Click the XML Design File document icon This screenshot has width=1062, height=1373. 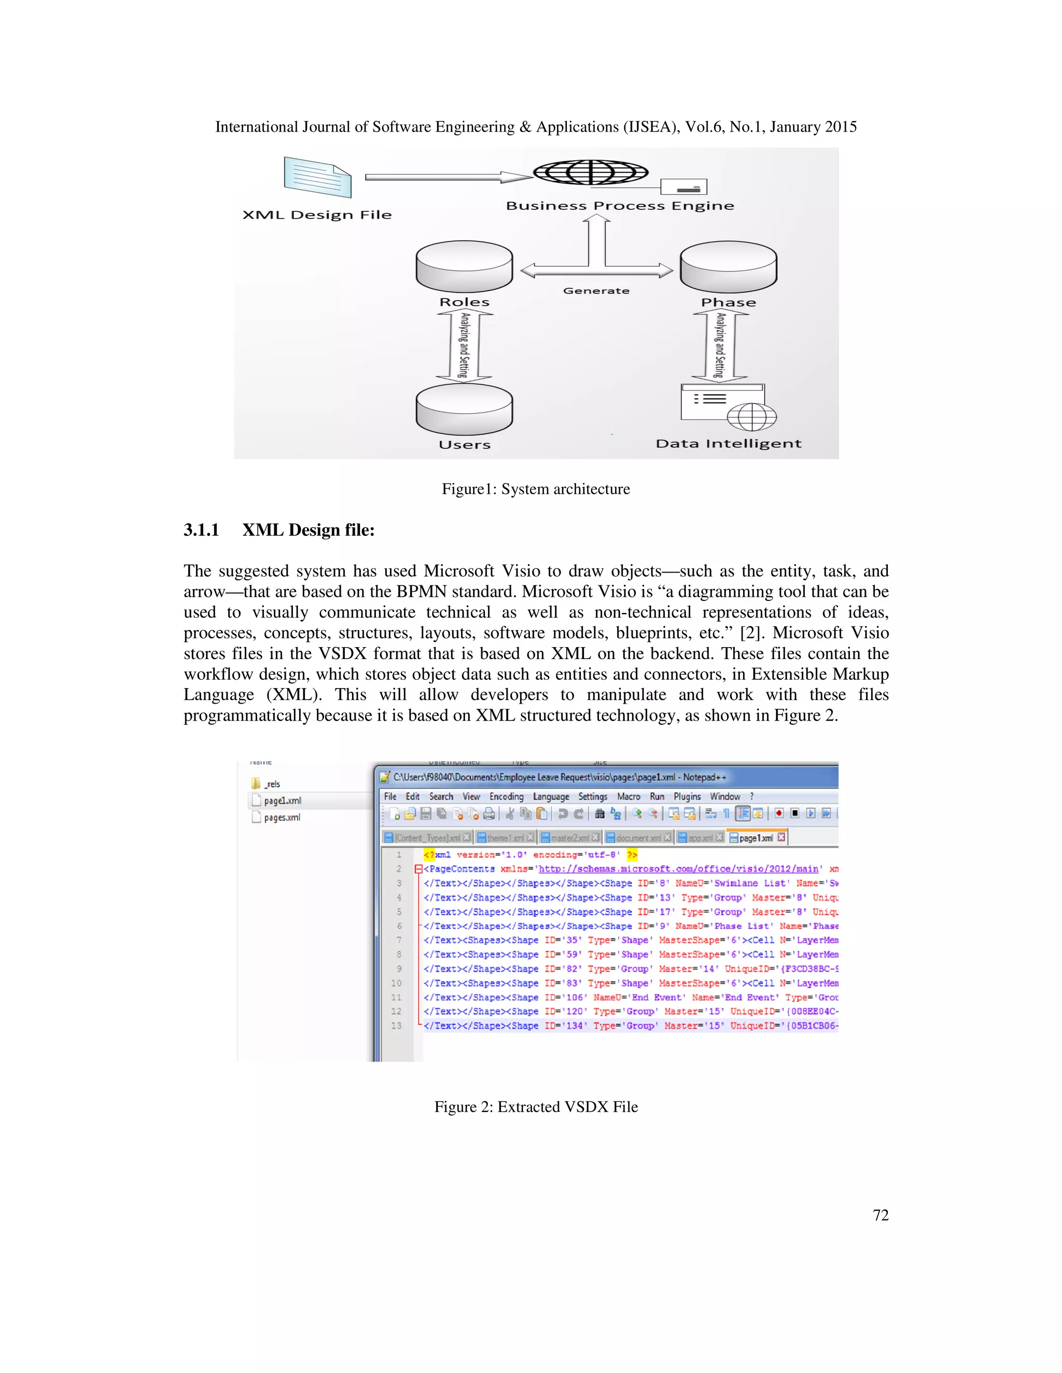click(x=317, y=177)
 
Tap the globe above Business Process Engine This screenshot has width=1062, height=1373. click(x=590, y=171)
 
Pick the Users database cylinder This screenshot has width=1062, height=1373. click(x=464, y=409)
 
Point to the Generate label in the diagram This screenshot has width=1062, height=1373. click(x=596, y=291)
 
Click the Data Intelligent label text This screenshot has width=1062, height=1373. click(x=729, y=444)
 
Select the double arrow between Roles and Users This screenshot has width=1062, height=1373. click(x=464, y=345)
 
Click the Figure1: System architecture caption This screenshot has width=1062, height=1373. click(x=535, y=489)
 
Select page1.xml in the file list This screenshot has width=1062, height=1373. click(x=282, y=800)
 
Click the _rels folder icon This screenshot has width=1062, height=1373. click(x=256, y=783)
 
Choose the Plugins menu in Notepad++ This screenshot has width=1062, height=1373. click(x=687, y=796)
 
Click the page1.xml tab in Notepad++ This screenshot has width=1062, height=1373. click(x=756, y=838)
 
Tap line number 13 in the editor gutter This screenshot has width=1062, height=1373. click(x=396, y=1025)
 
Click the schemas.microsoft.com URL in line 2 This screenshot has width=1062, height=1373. click(x=678, y=869)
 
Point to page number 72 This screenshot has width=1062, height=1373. click(x=880, y=1215)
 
